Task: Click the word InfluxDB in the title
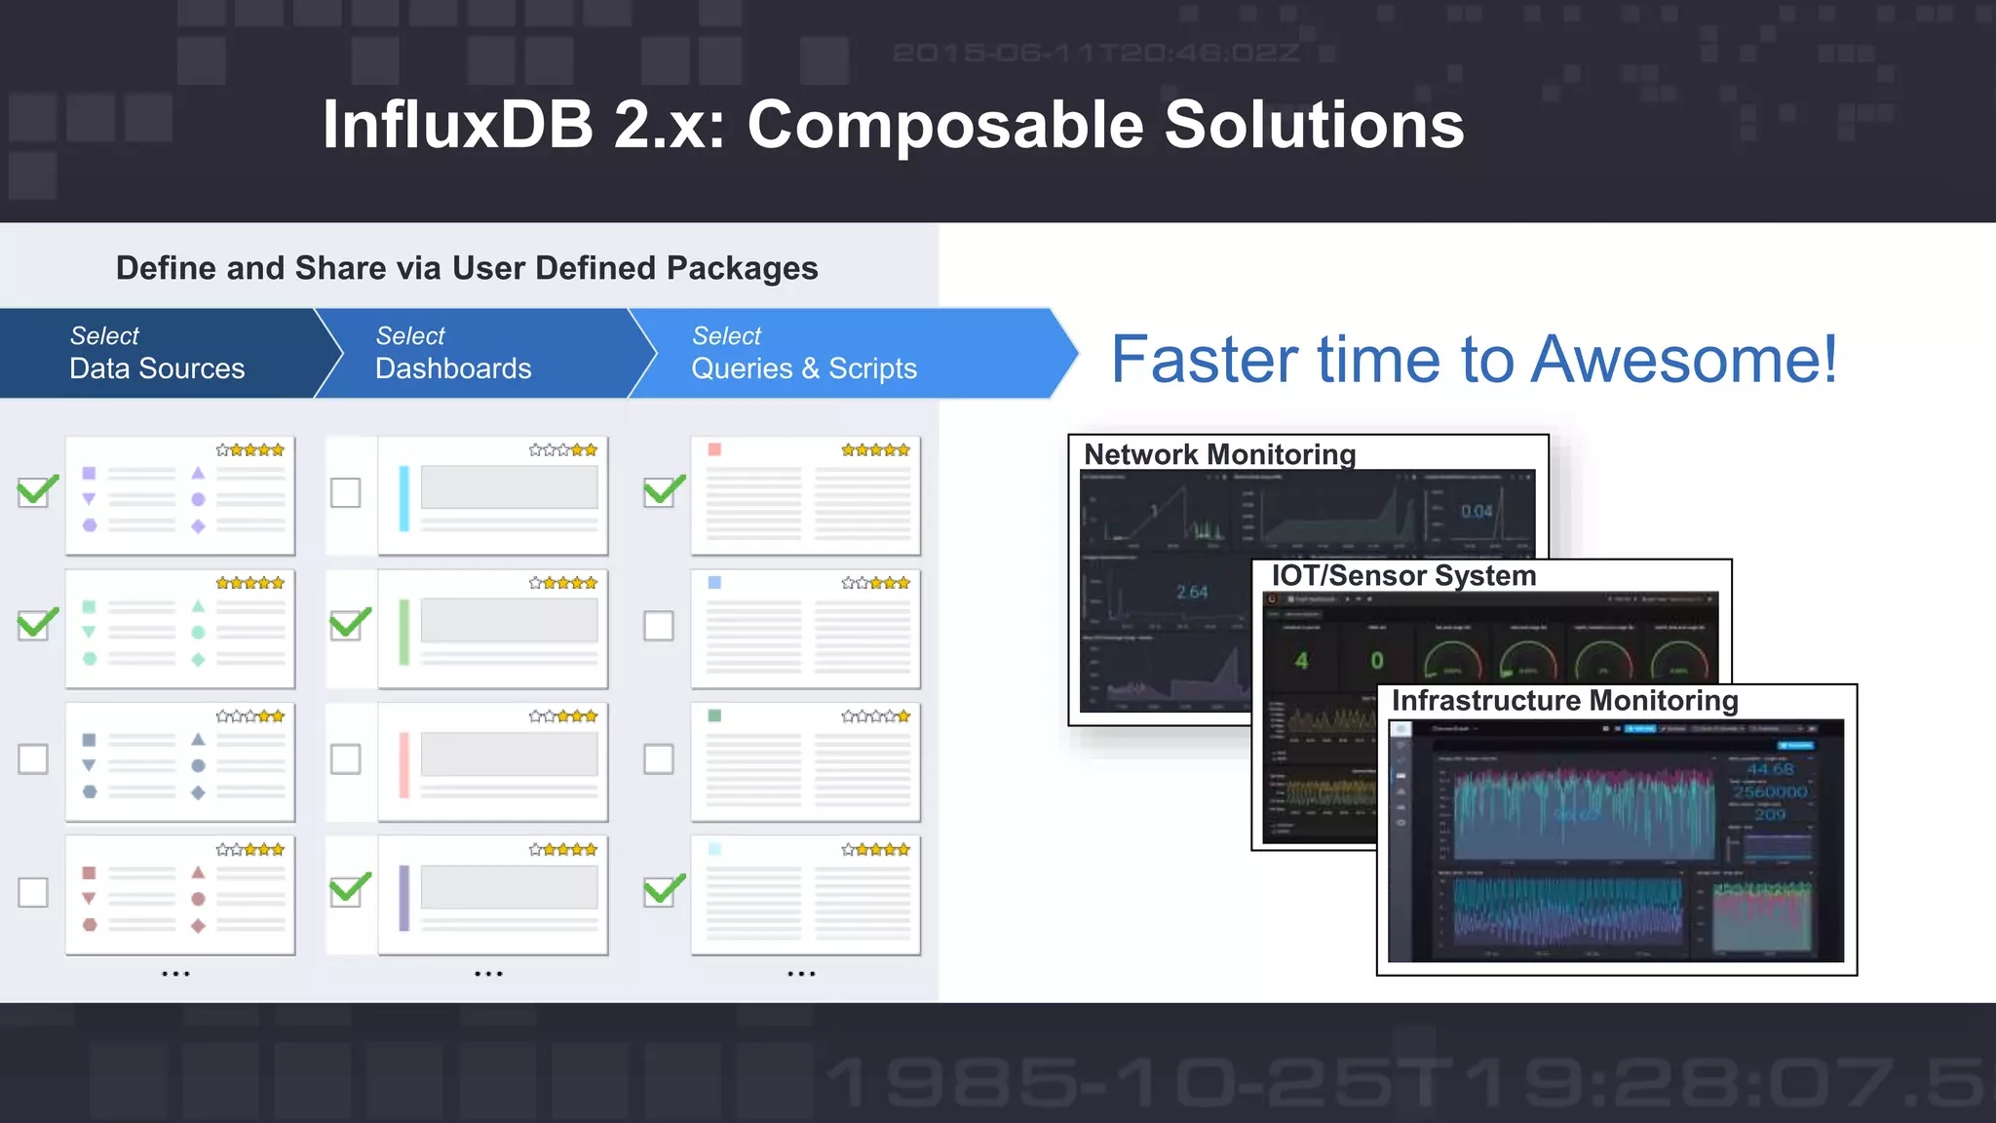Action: [457, 125]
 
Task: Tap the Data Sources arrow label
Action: [157, 368]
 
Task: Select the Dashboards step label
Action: [453, 368]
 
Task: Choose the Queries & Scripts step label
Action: [804, 368]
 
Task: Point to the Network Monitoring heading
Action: [1219, 454]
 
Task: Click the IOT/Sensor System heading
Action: [1403, 576]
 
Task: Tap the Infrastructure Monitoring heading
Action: [1564, 701]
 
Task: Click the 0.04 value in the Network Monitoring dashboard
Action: [1477, 511]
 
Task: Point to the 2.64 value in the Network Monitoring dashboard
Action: [1191, 592]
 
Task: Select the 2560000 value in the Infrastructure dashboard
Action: [1770, 792]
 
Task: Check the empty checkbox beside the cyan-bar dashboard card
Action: [345, 492]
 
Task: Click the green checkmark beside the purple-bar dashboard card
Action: [349, 890]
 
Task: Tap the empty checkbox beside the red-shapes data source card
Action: [33, 892]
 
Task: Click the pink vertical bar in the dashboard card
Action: [404, 764]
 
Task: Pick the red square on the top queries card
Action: [714, 449]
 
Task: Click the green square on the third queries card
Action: [714, 716]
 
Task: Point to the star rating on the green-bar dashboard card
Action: [563, 583]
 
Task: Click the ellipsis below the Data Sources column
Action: [175, 974]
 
